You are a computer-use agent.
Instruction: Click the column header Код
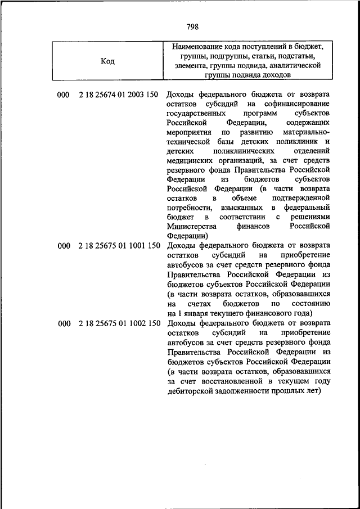point(107,61)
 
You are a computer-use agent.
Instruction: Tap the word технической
point(189,142)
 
